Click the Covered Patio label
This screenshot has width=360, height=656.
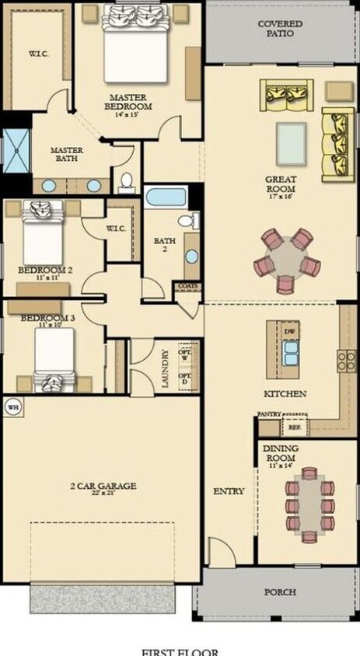pos(281,29)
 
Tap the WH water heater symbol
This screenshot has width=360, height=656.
pos(12,406)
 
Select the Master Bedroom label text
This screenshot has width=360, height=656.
pos(130,102)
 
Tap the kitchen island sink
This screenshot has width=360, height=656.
pos(290,354)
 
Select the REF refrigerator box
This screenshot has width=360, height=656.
pos(294,427)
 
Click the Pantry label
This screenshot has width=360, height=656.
pos(269,414)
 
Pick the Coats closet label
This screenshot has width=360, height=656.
pos(187,286)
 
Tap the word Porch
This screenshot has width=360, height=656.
pos(280,592)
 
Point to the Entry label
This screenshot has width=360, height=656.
pos(229,491)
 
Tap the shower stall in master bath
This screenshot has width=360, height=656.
pos(16,150)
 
